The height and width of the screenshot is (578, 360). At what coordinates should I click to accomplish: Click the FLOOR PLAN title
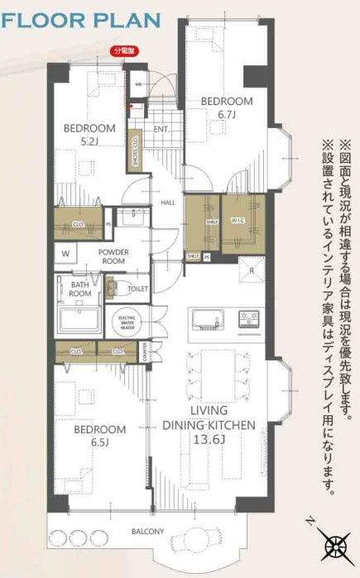click(74, 18)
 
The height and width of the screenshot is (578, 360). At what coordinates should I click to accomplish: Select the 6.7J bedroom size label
click(227, 113)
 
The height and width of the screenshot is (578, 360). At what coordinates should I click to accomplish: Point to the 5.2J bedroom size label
click(89, 141)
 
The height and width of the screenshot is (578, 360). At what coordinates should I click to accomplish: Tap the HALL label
click(167, 202)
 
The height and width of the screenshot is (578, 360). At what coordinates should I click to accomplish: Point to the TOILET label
click(138, 289)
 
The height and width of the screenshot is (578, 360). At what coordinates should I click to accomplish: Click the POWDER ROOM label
click(113, 256)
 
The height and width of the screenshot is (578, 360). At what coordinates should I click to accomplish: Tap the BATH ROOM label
click(80, 288)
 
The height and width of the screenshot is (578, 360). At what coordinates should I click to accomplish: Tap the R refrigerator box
click(251, 269)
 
